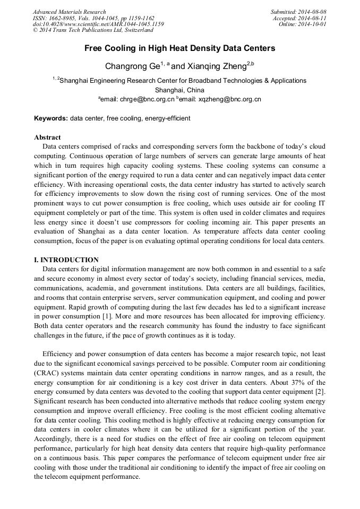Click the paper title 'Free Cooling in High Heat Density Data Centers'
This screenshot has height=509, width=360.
click(x=180, y=48)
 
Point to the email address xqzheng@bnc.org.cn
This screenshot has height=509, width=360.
click(x=229, y=99)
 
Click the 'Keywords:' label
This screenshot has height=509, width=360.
click(x=51, y=118)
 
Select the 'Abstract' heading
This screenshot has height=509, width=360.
click(x=47, y=137)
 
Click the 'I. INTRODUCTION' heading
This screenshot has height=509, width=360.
click(x=66, y=260)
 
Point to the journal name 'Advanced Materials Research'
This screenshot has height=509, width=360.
click(x=70, y=12)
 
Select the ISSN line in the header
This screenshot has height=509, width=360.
click(x=93, y=18)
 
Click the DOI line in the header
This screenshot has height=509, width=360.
click(x=98, y=24)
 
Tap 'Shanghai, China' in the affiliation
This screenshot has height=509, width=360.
click(x=179, y=90)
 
